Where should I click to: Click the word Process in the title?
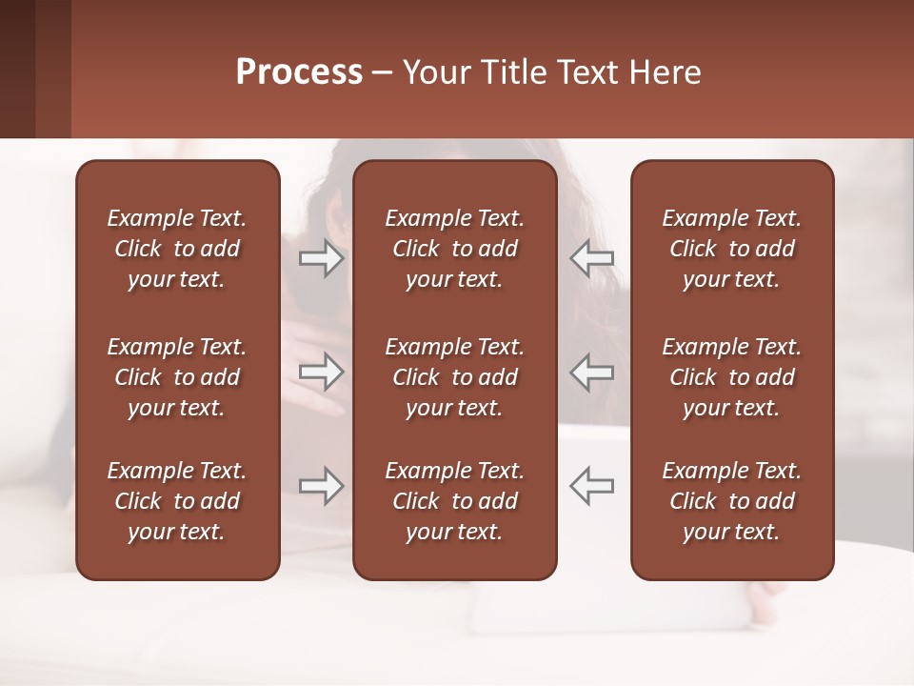299,72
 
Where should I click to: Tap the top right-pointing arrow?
321,258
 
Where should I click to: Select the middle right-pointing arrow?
321,372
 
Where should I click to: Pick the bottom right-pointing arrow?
321,486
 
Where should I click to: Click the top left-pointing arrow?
591,258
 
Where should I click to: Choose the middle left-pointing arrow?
591,372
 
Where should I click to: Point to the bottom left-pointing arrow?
591,486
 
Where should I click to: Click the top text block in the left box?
177,249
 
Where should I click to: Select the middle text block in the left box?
177,377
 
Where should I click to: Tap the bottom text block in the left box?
177,501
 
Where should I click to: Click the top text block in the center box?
455,249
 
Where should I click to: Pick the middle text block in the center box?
455,377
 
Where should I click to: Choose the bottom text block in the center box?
455,501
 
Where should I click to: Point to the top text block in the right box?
732,249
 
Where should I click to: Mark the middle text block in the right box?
732,377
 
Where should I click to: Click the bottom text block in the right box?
732,501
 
